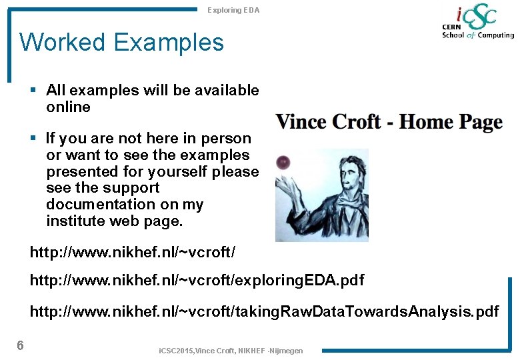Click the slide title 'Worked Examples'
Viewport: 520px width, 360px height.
[122, 43]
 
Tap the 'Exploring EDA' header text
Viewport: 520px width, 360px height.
[233, 10]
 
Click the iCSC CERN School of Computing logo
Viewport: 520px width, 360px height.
[477, 23]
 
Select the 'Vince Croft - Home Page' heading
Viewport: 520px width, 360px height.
[389, 122]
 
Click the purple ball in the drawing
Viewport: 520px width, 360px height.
[283, 161]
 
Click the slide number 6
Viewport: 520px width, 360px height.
[21, 345]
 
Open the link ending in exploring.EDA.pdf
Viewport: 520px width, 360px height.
[197, 280]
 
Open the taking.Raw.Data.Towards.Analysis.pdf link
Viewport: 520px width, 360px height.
[264, 311]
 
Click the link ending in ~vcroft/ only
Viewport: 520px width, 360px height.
[133, 253]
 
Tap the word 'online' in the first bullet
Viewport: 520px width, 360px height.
[68, 107]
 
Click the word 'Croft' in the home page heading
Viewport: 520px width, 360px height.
[357, 122]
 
